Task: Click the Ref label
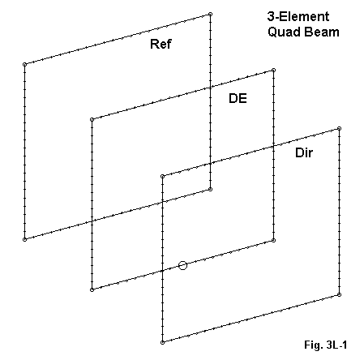click(x=161, y=44)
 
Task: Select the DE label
click(x=238, y=98)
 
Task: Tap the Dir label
click(x=304, y=153)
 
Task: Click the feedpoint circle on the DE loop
click(x=183, y=265)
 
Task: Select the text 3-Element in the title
click(x=298, y=16)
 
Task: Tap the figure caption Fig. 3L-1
click(x=326, y=345)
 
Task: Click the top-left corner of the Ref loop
click(x=24, y=64)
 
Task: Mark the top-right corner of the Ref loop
click(x=210, y=14)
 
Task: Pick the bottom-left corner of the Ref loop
click(x=24, y=239)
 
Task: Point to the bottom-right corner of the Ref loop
click(x=210, y=189)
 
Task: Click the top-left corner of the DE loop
click(x=92, y=119)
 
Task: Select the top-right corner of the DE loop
click(x=273, y=71)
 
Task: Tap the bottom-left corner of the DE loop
click(x=92, y=289)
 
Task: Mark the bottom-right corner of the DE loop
click(x=273, y=240)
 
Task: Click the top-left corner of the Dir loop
click(x=162, y=177)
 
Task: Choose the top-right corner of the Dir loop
click(x=340, y=129)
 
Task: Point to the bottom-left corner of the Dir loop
click(x=162, y=342)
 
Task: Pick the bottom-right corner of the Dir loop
click(x=340, y=294)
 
